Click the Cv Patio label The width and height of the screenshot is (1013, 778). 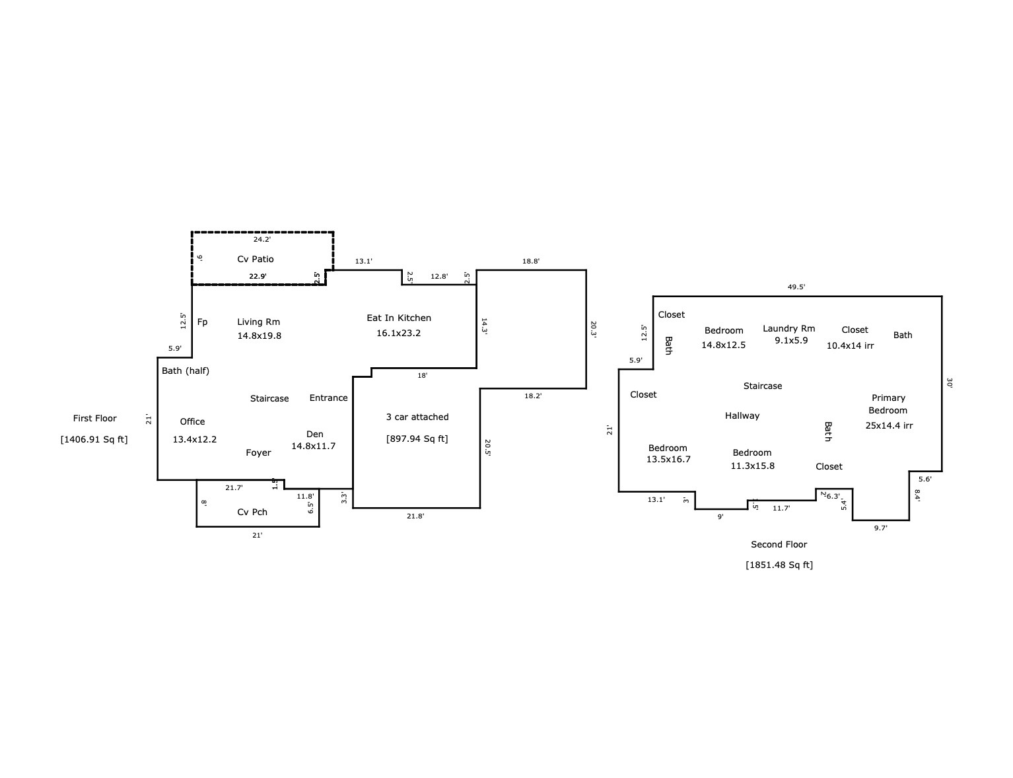[255, 259]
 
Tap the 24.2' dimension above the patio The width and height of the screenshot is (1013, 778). [262, 240]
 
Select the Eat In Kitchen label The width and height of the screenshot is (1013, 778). [399, 318]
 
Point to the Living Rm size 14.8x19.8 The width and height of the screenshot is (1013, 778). [260, 336]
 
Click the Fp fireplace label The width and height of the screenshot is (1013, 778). [202, 322]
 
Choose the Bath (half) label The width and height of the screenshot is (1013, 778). [186, 371]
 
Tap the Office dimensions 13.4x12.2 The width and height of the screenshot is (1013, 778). [194, 439]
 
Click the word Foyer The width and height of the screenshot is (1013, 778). [258, 452]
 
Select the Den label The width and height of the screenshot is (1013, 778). [315, 434]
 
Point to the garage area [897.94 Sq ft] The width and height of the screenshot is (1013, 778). [417, 439]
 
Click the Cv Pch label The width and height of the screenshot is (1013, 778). [252, 512]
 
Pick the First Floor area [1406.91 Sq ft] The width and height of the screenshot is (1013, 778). [94, 439]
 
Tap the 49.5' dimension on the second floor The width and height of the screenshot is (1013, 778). [796, 287]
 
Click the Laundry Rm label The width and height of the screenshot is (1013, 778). [788, 329]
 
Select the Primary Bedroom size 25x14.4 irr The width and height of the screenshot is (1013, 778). [889, 425]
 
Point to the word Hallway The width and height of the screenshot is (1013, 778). [742, 416]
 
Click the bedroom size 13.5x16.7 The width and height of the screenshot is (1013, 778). [668, 459]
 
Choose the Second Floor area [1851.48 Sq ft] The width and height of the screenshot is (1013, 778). [779, 565]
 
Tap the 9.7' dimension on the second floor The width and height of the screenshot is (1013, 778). [881, 528]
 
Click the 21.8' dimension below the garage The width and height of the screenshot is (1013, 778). [415, 516]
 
